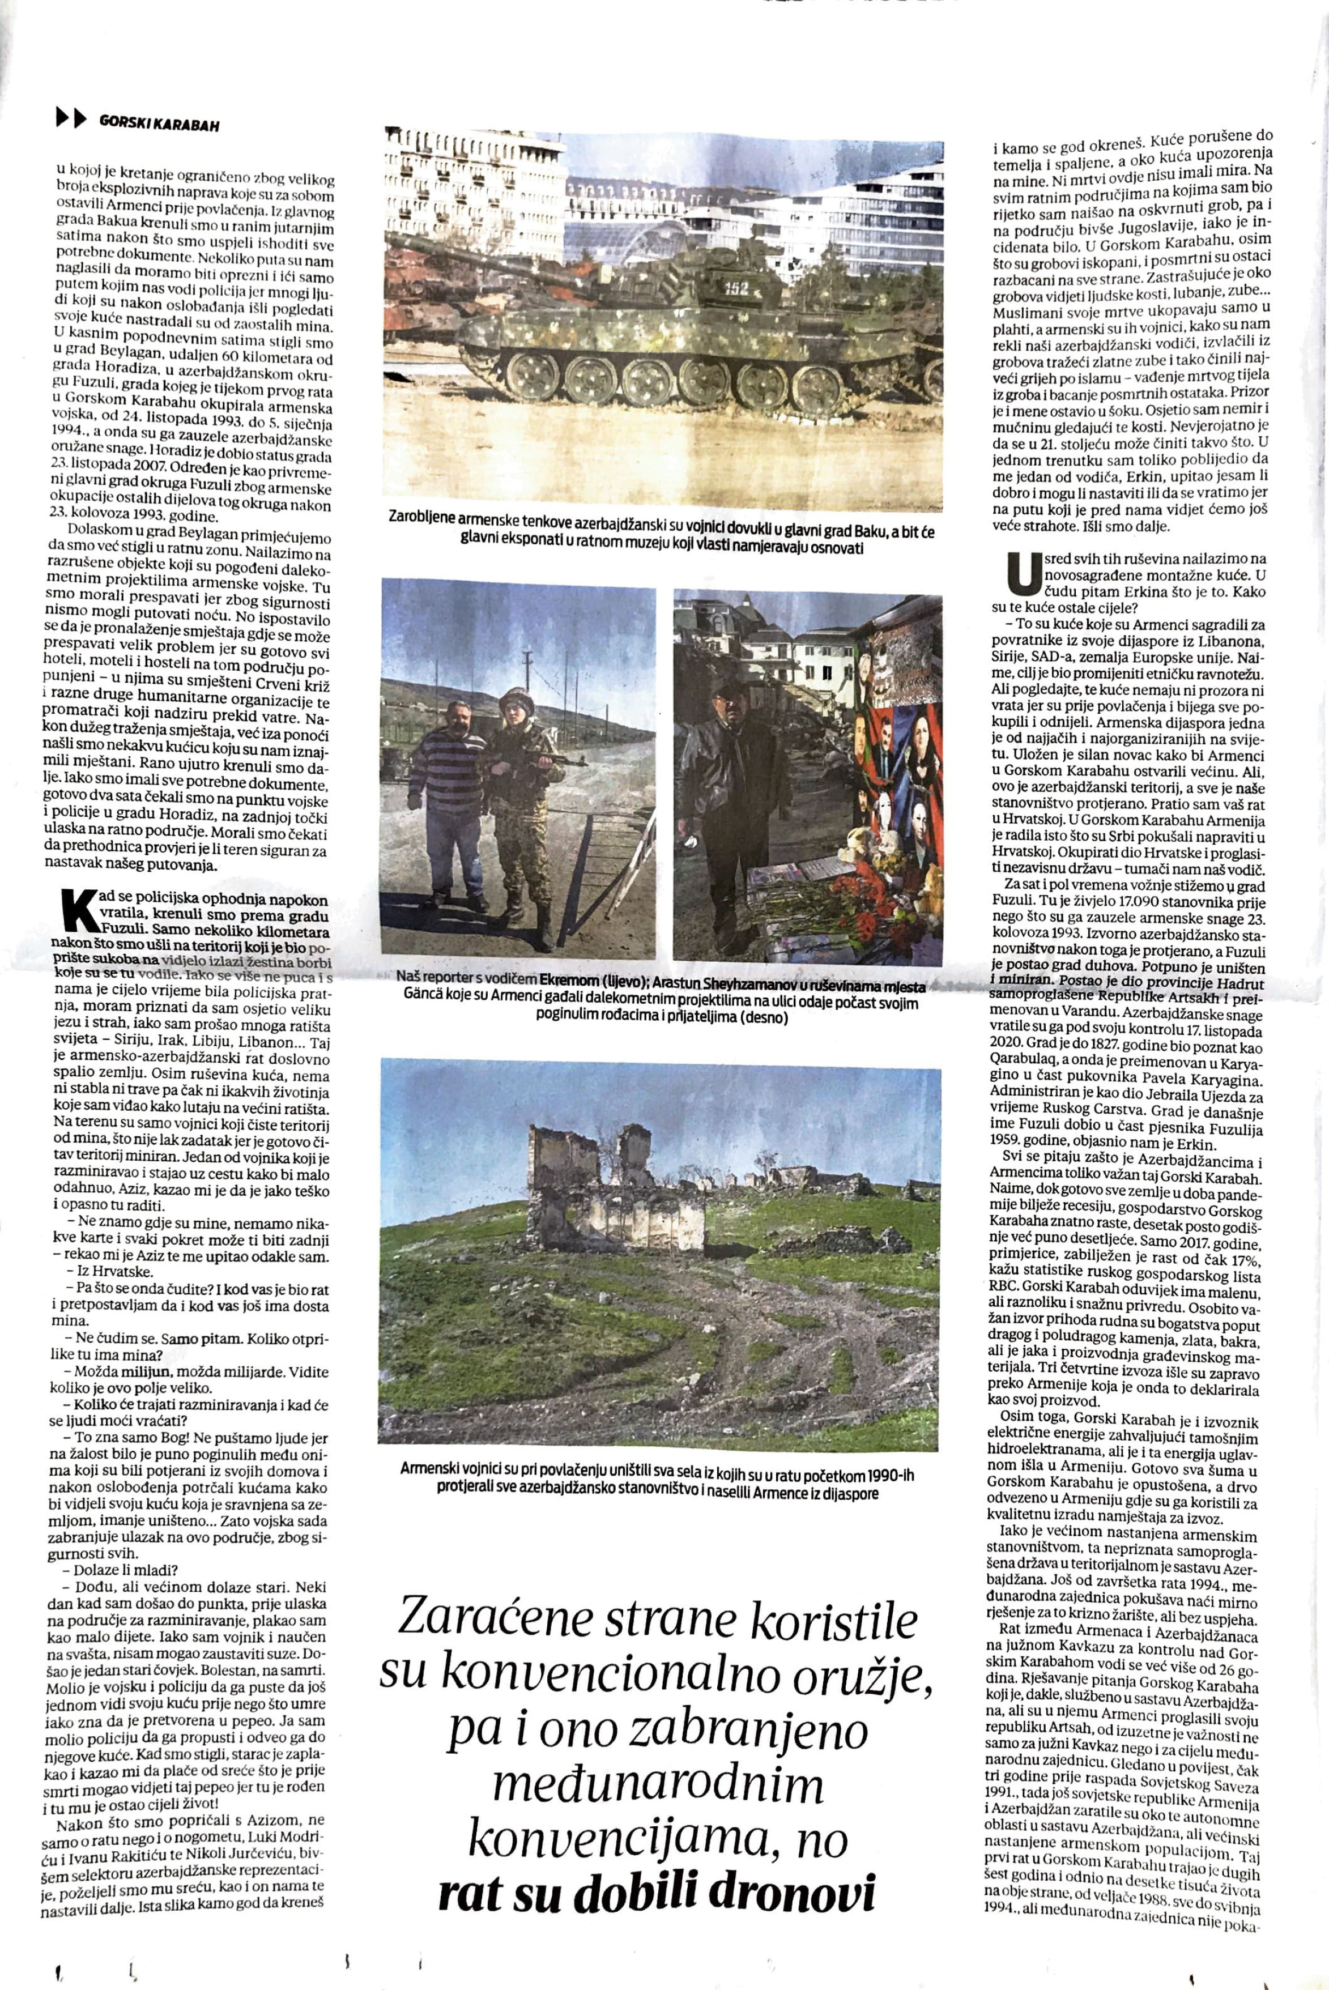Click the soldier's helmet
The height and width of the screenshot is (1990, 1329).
click(x=514, y=697)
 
